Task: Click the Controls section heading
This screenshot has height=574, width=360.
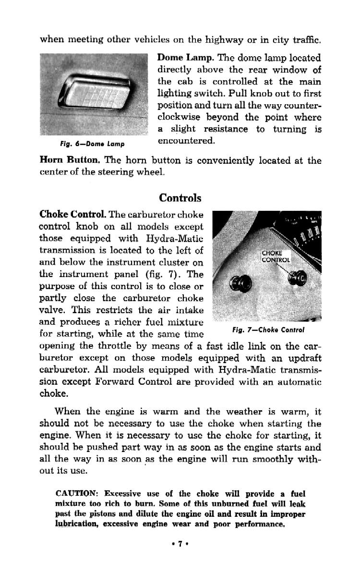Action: [180, 198]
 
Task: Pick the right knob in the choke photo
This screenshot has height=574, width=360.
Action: [298, 277]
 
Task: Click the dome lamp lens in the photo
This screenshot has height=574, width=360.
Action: [101, 91]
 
